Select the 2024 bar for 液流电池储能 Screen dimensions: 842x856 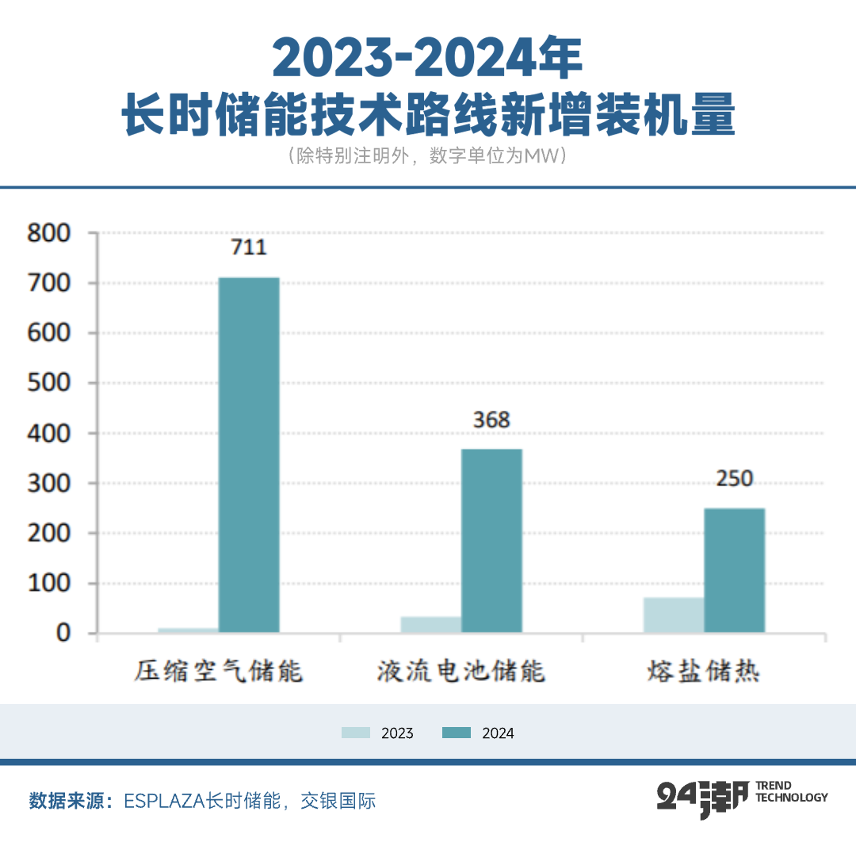coord(491,541)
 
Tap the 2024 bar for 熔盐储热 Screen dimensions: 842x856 coord(734,570)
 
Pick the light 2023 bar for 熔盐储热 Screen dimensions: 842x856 coord(674,615)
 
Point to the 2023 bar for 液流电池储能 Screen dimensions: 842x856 coord(431,625)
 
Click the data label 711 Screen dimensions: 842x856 coord(249,247)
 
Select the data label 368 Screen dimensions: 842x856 coord(491,419)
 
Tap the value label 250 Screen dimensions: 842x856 coord(734,479)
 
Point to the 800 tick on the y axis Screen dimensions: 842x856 coord(49,233)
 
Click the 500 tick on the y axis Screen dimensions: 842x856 coord(49,383)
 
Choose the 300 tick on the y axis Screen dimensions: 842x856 coord(49,483)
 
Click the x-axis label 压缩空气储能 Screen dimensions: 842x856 coord(219,672)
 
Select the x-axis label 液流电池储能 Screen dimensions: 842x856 coord(461,672)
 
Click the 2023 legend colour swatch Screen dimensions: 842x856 coord(356,733)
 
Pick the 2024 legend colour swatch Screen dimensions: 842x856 coord(457,733)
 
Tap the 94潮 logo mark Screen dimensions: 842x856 coord(702,798)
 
